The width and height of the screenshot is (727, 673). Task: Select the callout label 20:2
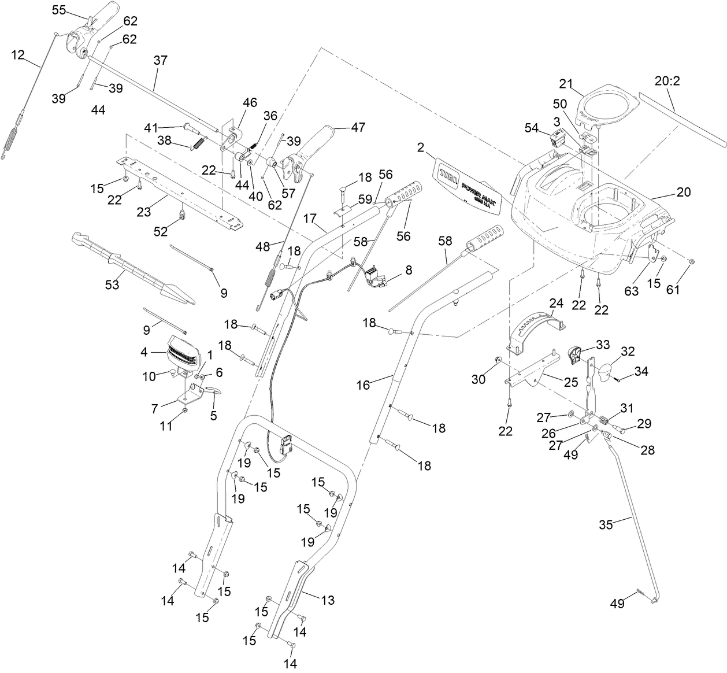667,81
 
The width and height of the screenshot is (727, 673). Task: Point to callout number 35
606,524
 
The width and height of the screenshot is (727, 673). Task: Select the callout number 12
18,55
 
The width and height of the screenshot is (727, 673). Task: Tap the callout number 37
160,60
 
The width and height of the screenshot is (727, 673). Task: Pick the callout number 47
358,127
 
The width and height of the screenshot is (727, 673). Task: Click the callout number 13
328,600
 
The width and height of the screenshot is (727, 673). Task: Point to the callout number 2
420,147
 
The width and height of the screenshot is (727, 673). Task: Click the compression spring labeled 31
602,420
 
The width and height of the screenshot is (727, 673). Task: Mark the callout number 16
363,384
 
